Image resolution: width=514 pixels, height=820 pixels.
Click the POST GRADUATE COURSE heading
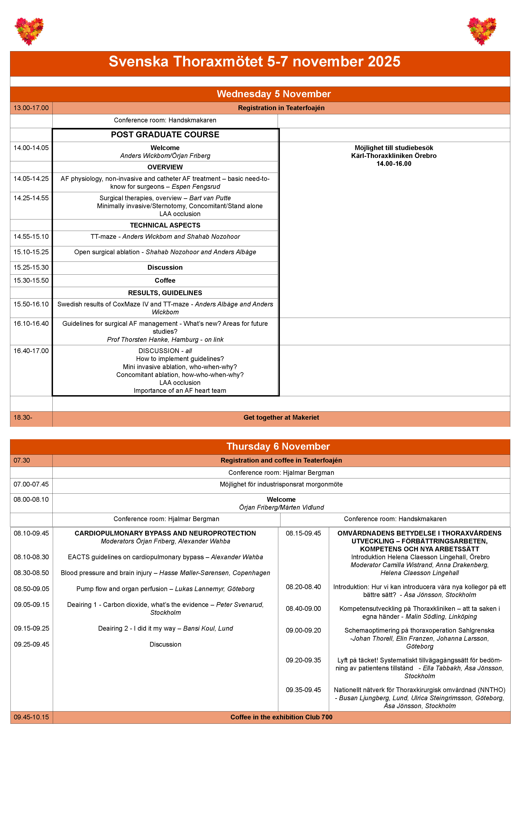click(165, 135)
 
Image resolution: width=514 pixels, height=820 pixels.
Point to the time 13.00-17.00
click(31, 108)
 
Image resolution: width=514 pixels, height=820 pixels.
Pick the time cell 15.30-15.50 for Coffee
click(31, 280)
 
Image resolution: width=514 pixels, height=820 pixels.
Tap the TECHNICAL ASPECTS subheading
click(165, 225)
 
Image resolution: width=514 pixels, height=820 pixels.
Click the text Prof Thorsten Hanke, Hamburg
click(153, 339)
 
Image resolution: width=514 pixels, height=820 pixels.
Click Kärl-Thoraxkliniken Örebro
click(394, 156)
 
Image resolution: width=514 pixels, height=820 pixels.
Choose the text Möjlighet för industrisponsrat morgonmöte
click(281, 484)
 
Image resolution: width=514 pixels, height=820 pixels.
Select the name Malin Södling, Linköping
click(441, 616)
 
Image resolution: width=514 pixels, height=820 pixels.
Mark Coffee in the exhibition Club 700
click(281, 717)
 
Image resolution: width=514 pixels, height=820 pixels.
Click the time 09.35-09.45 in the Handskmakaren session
click(303, 690)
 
